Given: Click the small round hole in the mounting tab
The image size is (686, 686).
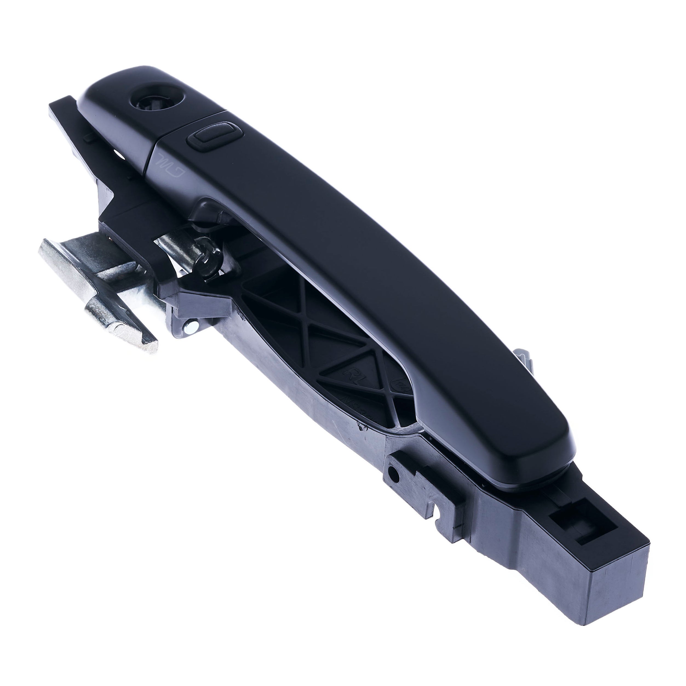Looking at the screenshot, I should point(392,472).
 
